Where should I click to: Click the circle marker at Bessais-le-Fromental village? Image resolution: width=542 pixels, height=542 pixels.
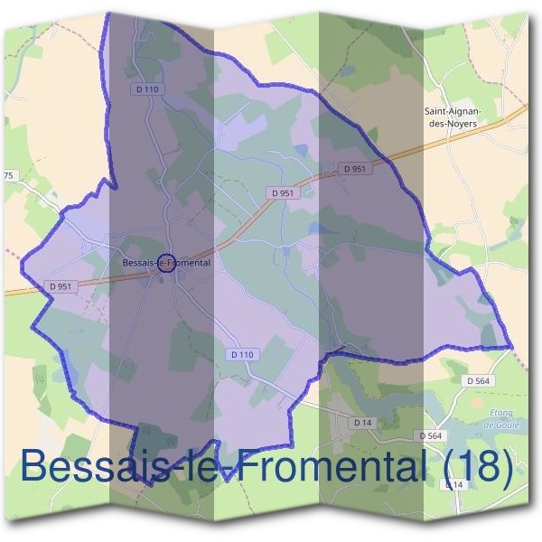click(x=165, y=263)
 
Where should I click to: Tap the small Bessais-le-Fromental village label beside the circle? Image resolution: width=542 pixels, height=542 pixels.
click(x=165, y=263)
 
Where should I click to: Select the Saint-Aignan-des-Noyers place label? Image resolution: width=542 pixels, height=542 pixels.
click(x=453, y=117)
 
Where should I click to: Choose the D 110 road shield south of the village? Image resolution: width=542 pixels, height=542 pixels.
click(x=242, y=355)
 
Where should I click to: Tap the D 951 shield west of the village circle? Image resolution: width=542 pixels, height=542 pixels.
click(x=61, y=286)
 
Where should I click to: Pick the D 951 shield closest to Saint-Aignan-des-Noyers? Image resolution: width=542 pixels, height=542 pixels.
click(x=355, y=168)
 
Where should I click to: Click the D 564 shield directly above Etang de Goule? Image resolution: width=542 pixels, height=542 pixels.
click(x=479, y=381)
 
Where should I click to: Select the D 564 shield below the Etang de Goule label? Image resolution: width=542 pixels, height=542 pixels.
click(x=433, y=436)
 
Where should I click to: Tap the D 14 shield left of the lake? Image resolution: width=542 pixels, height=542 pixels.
click(x=363, y=422)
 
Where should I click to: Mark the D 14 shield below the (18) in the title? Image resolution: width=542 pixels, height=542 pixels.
click(x=455, y=485)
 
